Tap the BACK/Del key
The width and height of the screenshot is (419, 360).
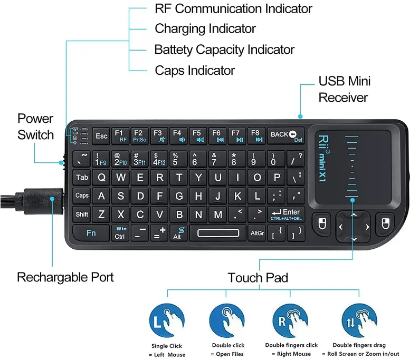(286, 135)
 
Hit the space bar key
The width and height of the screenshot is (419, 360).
(221, 232)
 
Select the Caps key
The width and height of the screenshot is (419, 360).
(82, 196)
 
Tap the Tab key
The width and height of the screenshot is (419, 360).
(82, 178)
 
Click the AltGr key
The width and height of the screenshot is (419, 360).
(257, 232)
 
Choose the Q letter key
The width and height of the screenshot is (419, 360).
(102, 178)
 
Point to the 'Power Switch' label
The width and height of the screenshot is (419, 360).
(35, 127)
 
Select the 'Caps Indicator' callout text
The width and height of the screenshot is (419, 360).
(195, 70)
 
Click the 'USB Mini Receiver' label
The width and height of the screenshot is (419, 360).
(344, 89)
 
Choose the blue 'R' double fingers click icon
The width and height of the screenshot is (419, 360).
(290, 320)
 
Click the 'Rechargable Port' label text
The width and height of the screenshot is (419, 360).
(65, 277)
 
